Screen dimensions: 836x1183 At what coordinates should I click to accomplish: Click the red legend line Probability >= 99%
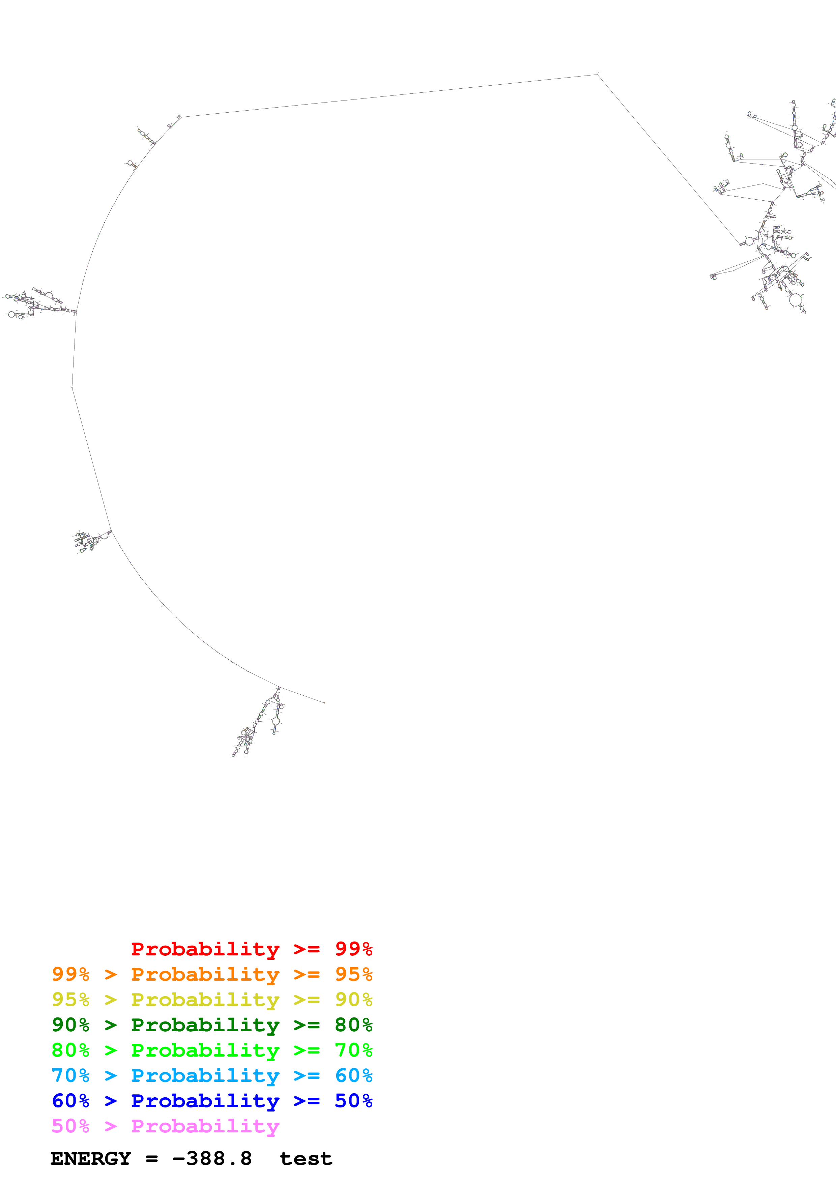click(251, 949)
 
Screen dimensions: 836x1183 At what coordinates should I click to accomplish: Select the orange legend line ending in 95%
click(212, 974)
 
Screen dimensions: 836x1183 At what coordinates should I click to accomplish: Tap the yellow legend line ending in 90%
click(212, 1000)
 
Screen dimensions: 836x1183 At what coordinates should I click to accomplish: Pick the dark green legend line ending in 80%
click(212, 1025)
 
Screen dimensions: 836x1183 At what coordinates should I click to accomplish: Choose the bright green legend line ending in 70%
click(212, 1050)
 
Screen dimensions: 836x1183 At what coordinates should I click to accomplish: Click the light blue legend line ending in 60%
click(212, 1075)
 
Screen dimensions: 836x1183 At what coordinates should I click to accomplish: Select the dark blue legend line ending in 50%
click(212, 1101)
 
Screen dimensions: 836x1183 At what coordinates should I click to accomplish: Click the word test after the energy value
click(306, 1159)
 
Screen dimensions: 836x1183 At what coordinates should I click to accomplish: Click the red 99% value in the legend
click(353, 949)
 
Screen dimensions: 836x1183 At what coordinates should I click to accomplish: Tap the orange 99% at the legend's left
click(70, 974)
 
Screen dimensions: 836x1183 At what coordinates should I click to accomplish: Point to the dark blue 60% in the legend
click(70, 1101)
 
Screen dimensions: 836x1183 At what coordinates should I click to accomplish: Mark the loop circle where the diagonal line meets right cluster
click(749, 241)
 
